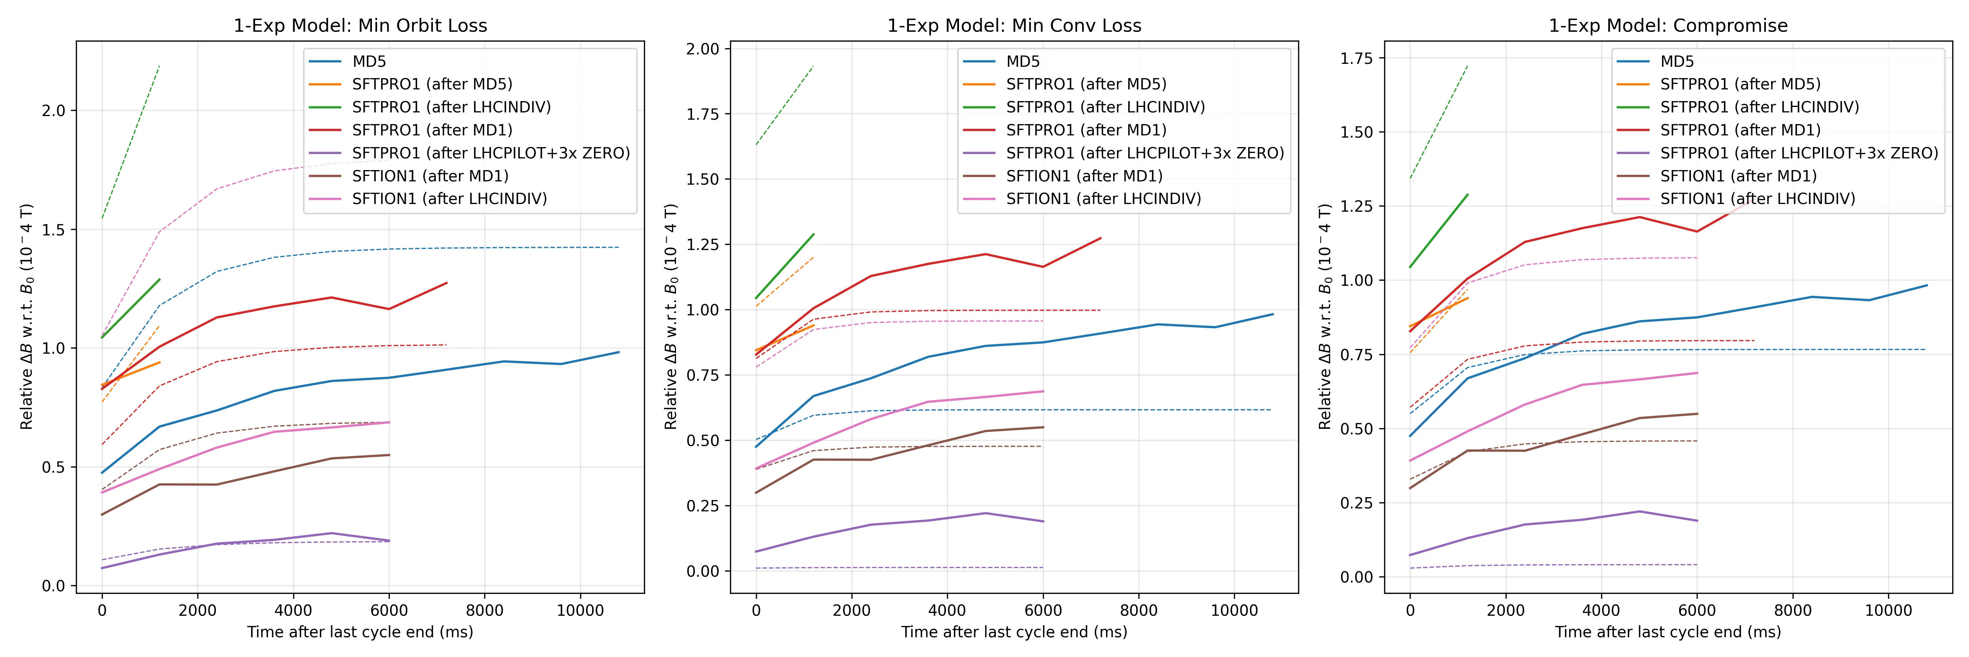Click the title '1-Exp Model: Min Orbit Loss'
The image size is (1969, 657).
[x=360, y=25]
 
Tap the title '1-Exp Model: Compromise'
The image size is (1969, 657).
[x=1668, y=25]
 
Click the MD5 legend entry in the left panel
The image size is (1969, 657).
[x=369, y=61]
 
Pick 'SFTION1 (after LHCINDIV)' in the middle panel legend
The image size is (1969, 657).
[x=1103, y=199]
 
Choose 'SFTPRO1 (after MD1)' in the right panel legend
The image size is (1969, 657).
[x=1740, y=130]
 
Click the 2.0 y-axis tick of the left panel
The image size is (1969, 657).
[x=54, y=111]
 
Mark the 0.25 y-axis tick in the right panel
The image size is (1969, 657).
[x=1357, y=503]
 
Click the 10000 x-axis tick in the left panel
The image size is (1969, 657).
[x=579, y=610]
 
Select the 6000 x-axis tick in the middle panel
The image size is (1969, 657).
[x=1042, y=610]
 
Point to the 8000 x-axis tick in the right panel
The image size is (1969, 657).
[x=1793, y=610]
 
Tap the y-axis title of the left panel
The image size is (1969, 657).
[x=27, y=317]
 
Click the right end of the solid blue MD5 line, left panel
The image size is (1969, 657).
[x=618, y=353]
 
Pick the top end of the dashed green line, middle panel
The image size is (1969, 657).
[x=813, y=66]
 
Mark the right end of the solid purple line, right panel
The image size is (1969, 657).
[x=1697, y=521]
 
